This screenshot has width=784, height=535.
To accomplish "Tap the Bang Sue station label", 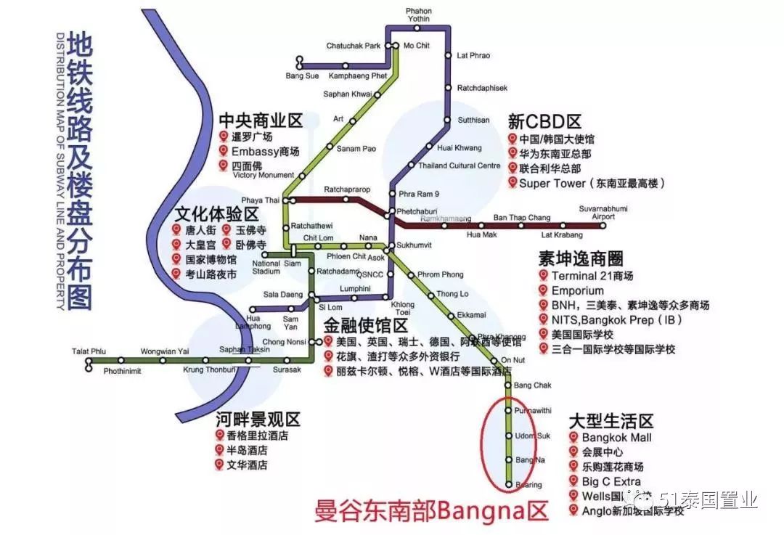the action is pos(302,75).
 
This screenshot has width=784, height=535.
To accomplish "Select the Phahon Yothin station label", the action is pos(419,15).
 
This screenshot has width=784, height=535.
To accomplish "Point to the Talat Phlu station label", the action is pos(86,351).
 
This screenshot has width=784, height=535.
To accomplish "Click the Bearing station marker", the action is pos(508,484).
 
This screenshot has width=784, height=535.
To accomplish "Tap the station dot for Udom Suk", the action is pos(508,436).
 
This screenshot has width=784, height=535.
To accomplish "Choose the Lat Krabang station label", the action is pos(558,235).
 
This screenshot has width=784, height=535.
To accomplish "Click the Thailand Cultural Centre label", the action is pos(459,166).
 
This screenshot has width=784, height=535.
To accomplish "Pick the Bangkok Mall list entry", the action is pos(616,438).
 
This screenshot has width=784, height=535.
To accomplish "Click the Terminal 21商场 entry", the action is pos(592,276).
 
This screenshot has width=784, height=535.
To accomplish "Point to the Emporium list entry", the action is pos(578,290).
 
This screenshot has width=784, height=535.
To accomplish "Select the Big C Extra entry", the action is pos(611,481).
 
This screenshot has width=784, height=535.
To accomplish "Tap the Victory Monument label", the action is pos(265,175).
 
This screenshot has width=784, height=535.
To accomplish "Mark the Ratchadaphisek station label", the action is pos(482,88).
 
